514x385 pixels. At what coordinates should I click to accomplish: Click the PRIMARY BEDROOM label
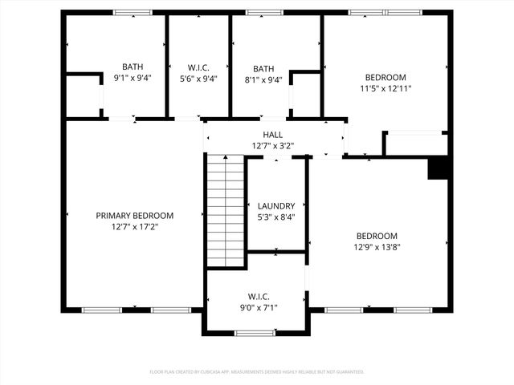coord(134,216)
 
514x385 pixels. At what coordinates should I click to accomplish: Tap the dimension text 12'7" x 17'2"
coord(134,227)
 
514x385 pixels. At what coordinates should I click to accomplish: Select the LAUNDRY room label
coord(275,206)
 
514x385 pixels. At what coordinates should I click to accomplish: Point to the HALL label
coord(272,135)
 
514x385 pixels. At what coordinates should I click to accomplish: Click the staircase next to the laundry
coord(226,211)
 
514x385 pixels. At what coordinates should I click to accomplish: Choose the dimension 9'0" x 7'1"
coord(257,307)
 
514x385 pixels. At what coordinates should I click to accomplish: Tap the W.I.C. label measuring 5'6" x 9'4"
coord(198,67)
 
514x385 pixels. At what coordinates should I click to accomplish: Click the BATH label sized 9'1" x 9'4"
coord(133,67)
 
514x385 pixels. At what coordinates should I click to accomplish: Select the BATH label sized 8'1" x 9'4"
coord(263,69)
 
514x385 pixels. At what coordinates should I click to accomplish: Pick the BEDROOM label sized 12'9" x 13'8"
coord(377,236)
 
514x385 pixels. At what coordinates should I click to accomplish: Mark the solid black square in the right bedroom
coord(438,168)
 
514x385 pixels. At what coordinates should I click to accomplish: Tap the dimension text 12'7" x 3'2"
coord(272,146)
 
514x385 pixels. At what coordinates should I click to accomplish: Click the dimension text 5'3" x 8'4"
coord(275,217)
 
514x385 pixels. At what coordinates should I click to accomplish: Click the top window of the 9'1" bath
coord(133,13)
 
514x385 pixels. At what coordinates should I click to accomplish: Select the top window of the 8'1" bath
coord(259,13)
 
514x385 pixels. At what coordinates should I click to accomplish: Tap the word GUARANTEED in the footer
coord(348,372)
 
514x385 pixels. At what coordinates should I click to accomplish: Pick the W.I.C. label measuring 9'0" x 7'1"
coord(257,296)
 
